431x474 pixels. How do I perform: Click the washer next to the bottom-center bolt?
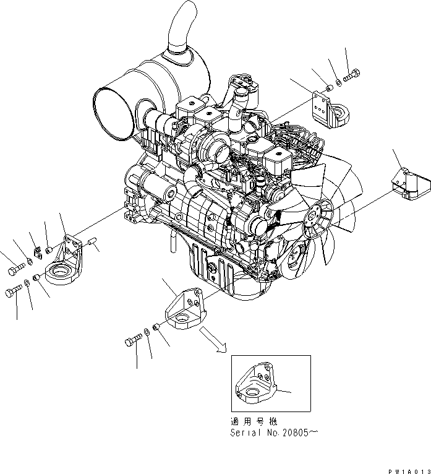148,332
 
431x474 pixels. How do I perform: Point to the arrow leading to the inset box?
215,340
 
